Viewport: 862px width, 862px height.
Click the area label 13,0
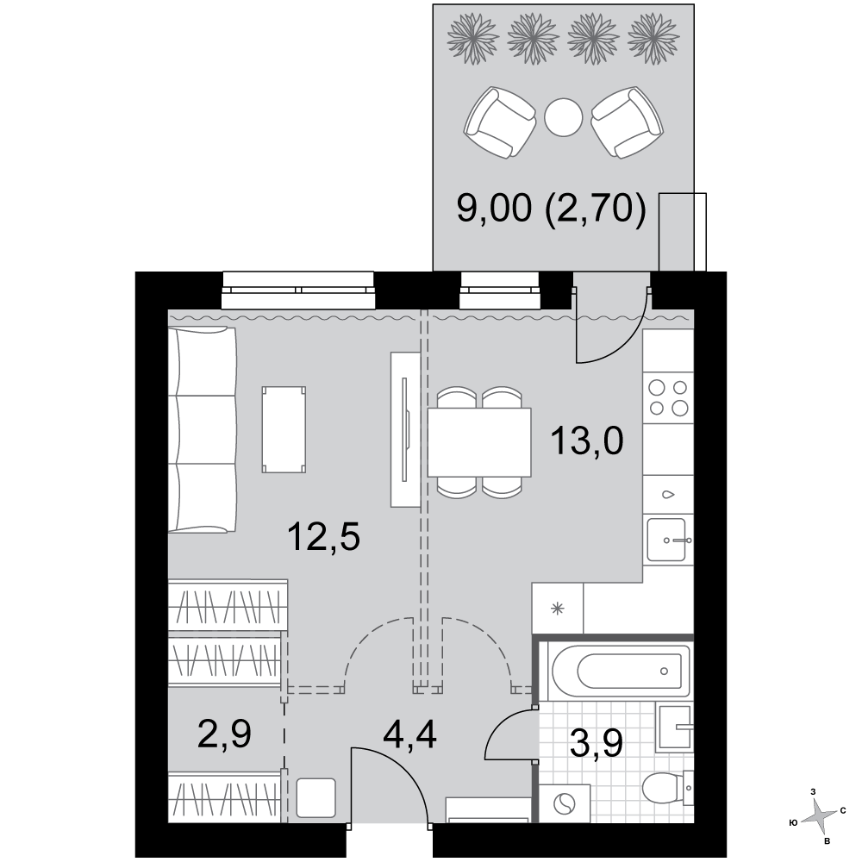pos(587,441)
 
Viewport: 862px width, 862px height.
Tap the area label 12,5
pos(324,536)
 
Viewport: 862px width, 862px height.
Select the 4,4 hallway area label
pos(410,734)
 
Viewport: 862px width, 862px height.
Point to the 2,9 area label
pos(224,734)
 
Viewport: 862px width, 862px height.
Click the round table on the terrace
pos(563,117)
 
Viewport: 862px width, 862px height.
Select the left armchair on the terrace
pos(500,122)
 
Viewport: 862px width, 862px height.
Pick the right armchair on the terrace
pos(628,122)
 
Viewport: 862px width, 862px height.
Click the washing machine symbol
pos(564,804)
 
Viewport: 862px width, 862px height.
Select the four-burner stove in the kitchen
pos(668,397)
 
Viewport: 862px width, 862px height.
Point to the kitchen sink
pos(667,540)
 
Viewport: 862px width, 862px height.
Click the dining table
pos(478,442)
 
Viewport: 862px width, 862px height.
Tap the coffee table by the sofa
pos(284,429)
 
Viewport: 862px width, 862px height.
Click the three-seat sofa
pos(202,430)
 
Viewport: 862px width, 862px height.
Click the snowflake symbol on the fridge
pos(558,609)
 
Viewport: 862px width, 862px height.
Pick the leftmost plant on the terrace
pos(473,41)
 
